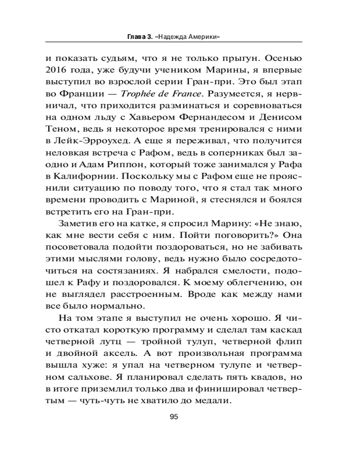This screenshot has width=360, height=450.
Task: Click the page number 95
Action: click(174, 417)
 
